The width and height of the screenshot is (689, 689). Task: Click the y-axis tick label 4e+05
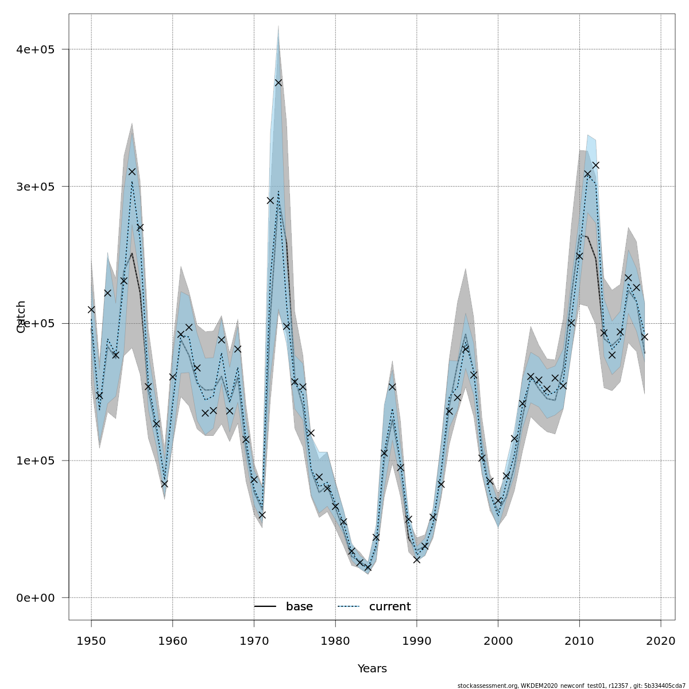click(x=35, y=49)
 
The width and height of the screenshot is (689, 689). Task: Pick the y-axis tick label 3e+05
click(x=35, y=187)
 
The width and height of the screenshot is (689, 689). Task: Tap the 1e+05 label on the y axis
click(x=35, y=460)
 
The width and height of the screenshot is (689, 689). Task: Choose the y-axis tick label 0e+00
click(x=35, y=598)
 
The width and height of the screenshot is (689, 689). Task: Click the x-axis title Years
click(x=372, y=669)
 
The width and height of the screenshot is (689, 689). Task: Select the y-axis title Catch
click(x=21, y=316)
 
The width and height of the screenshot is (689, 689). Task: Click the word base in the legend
click(x=299, y=607)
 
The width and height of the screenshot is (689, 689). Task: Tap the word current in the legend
click(x=390, y=607)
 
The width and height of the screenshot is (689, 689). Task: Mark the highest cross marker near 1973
click(x=278, y=83)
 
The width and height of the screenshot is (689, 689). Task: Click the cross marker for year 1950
click(x=91, y=309)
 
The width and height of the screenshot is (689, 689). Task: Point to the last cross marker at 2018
click(x=644, y=337)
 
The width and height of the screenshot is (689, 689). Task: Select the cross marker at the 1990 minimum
click(x=416, y=560)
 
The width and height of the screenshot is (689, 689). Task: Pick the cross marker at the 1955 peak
click(x=132, y=172)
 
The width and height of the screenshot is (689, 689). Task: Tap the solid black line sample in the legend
click(x=265, y=607)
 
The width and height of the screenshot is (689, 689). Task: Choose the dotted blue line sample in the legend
click(x=348, y=607)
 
